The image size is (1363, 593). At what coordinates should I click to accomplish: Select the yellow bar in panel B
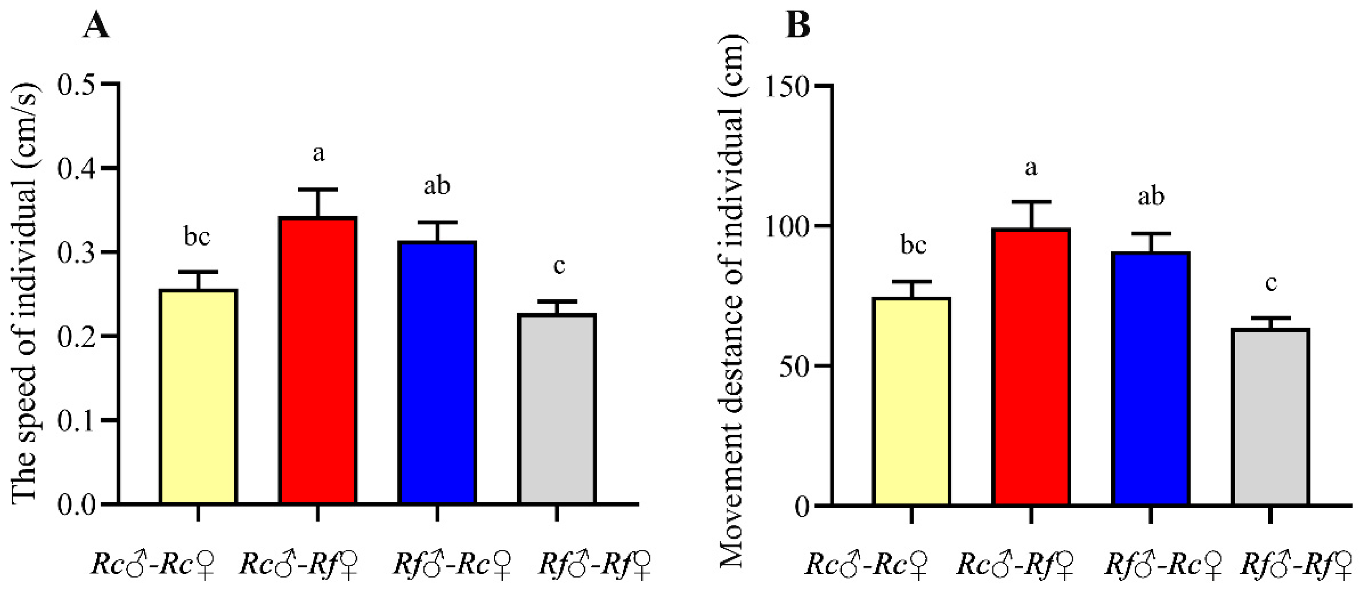[x=912, y=401]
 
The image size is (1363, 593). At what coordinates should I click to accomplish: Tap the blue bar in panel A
[x=437, y=372]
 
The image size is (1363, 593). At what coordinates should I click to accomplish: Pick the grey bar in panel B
[x=1270, y=417]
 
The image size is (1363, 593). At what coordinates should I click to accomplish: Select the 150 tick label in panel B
[x=787, y=87]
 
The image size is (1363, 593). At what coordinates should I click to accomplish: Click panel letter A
[x=97, y=25]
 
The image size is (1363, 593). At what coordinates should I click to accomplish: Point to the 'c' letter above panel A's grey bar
[x=559, y=266]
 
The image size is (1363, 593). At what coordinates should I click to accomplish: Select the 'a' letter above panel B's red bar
[x=1031, y=168]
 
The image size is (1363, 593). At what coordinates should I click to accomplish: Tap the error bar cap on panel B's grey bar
[x=1270, y=318]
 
